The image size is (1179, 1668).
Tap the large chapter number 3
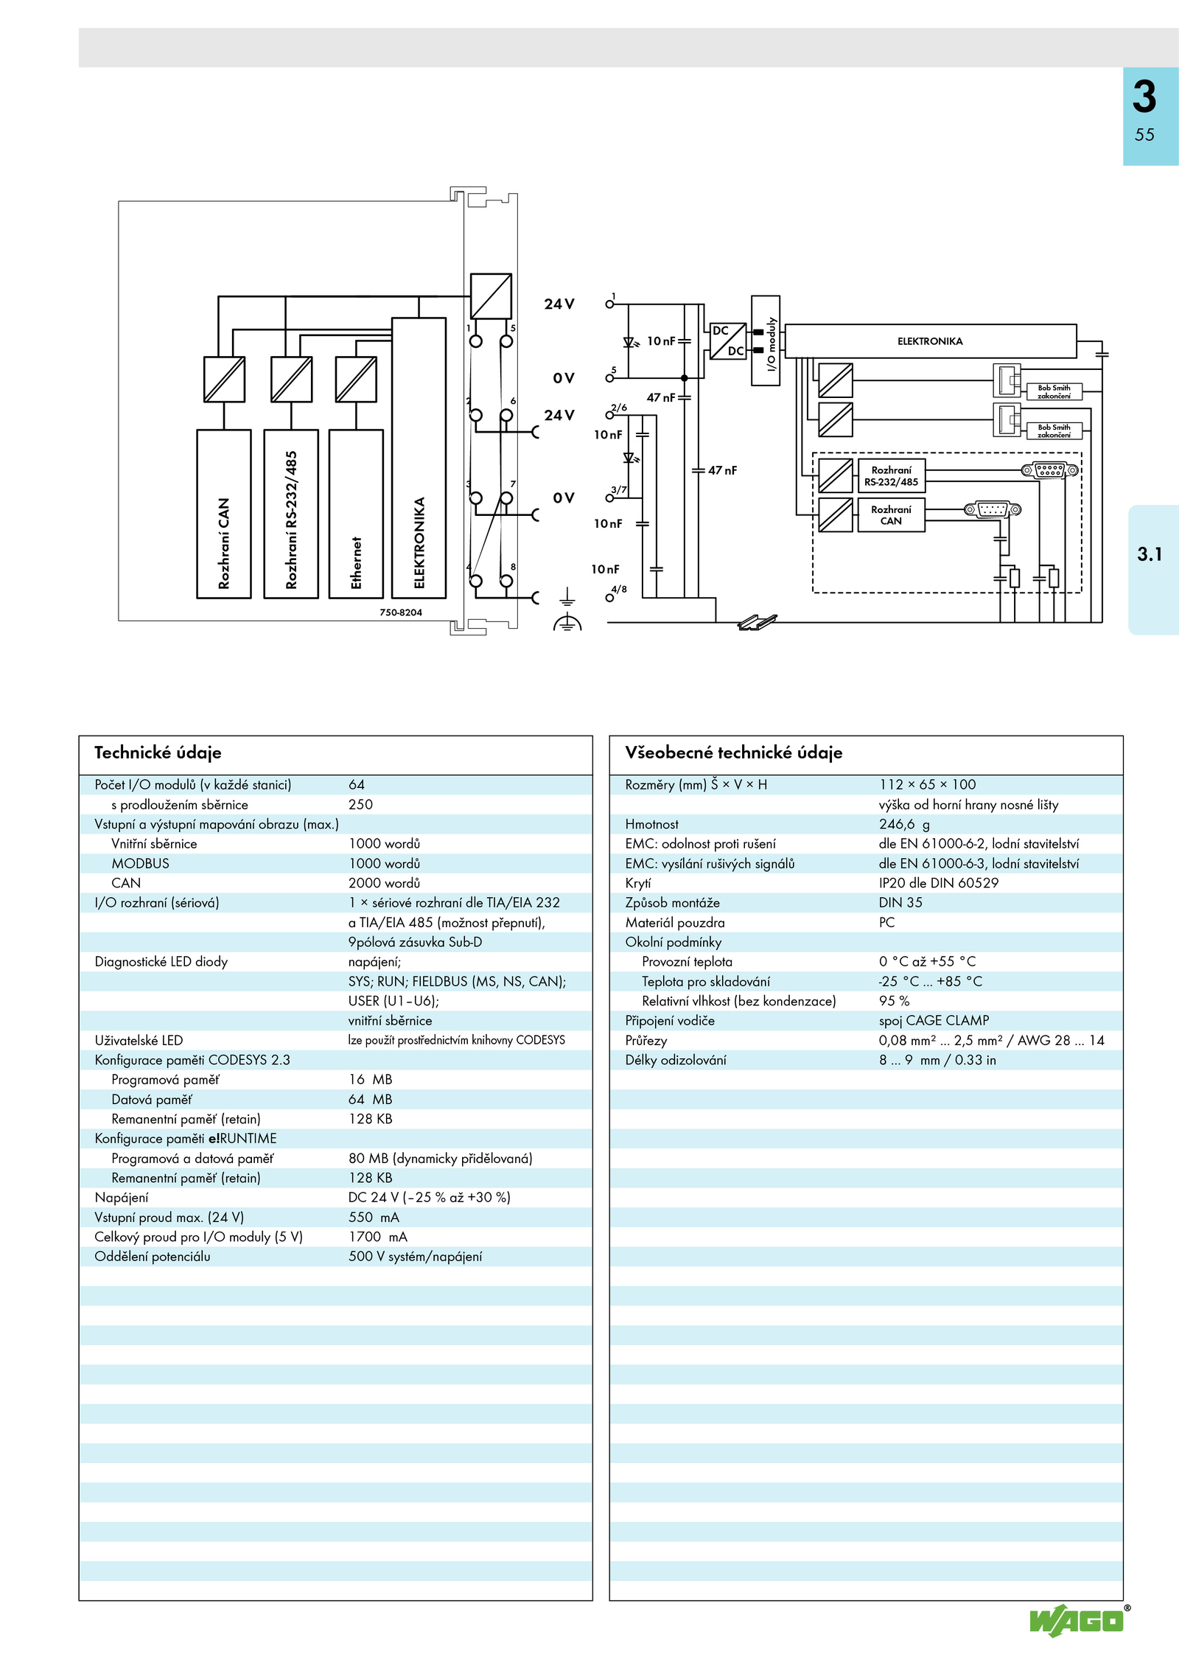[1144, 97]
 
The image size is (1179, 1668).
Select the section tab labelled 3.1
[1150, 554]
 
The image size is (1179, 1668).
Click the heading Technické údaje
[158, 753]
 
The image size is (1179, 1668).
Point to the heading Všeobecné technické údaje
[733, 753]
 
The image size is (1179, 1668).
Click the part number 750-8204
[401, 613]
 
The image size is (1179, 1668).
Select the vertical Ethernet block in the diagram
[356, 514]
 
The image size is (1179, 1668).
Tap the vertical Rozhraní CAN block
[224, 514]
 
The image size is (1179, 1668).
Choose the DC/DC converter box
[728, 341]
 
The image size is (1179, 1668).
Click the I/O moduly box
[766, 341]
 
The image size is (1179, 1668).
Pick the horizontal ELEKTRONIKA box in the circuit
[931, 341]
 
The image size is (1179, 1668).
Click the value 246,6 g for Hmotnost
[904, 824]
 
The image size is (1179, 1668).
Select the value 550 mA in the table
[374, 1217]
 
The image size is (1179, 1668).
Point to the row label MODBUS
[140, 863]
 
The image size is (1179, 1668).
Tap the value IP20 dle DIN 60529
[938, 883]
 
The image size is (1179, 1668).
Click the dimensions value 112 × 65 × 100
[927, 784]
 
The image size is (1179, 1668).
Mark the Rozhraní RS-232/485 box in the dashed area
[892, 475]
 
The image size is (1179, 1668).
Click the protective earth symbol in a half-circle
[567, 623]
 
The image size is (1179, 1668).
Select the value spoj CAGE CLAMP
[934, 1020]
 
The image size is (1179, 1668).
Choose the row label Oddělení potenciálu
[153, 1256]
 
